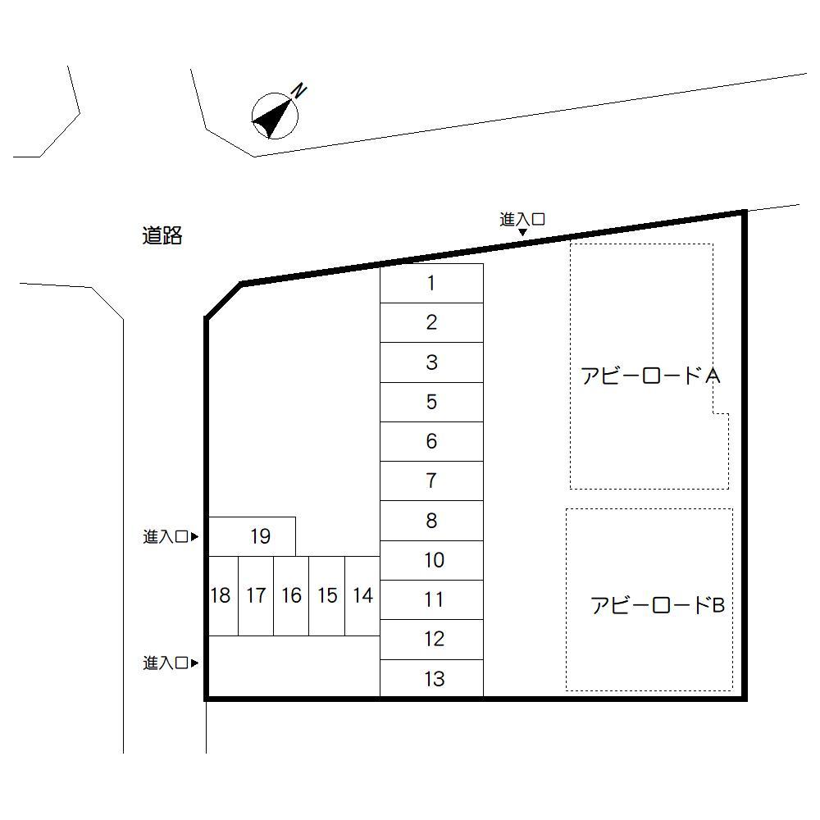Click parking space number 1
click(x=431, y=283)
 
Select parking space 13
click(x=431, y=678)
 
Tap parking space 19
click(x=252, y=536)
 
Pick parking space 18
click(x=223, y=595)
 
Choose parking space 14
click(x=362, y=595)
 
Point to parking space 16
click(x=291, y=595)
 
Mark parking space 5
click(x=431, y=402)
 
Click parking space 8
click(x=431, y=521)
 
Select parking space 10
click(x=431, y=560)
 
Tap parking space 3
click(x=431, y=362)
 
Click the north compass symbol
click(x=275, y=116)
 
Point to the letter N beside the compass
click(x=298, y=90)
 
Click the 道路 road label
click(x=162, y=236)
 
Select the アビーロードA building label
click(x=650, y=376)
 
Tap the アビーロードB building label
click(x=658, y=605)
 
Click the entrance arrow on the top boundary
click(x=522, y=232)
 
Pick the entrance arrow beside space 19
click(x=194, y=536)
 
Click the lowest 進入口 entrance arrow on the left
click(x=194, y=663)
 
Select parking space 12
click(x=431, y=639)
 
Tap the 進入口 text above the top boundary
click(x=522, y=219)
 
